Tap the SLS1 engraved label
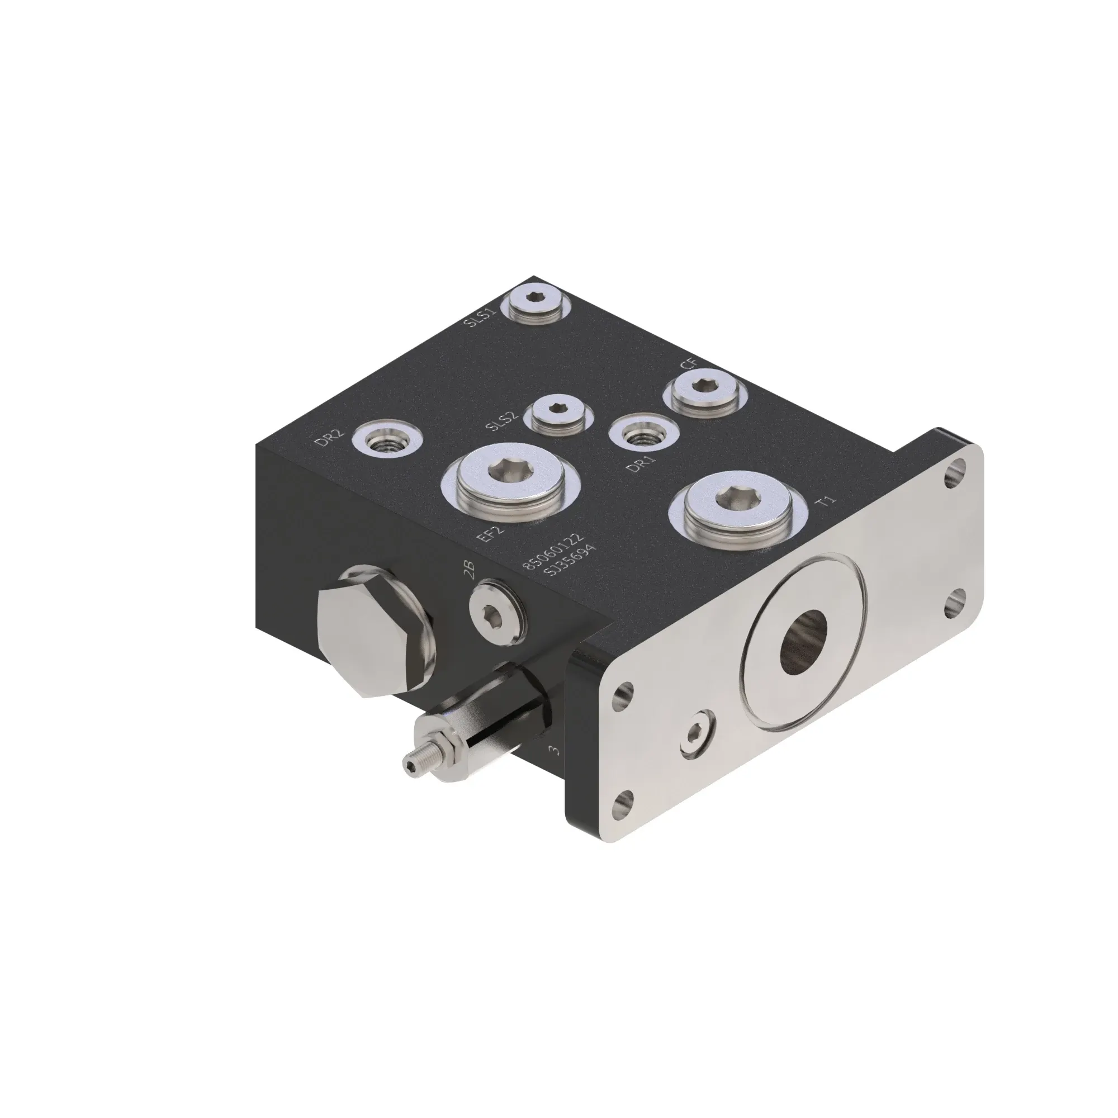481,318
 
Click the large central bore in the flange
804,642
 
